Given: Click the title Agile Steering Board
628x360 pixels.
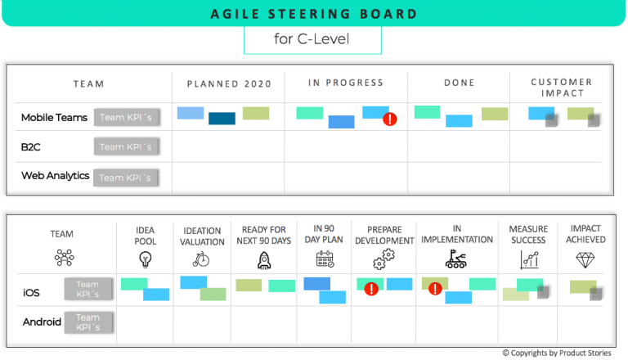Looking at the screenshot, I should (313, 15).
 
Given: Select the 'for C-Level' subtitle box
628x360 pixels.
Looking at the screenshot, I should (312, 39).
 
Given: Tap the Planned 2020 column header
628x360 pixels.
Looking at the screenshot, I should (228, 83).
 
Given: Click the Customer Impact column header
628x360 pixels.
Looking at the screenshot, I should (561, 88).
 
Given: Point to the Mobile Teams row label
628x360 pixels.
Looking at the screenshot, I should (54, 118).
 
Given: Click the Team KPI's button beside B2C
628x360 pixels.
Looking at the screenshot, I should (126, 147).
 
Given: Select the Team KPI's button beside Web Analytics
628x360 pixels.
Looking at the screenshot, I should (126, 178).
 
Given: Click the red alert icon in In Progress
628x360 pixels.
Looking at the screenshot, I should (390, 119).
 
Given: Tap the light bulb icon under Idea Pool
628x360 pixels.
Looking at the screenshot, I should (146, 260).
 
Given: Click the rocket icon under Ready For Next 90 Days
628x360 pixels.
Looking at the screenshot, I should (264, 260).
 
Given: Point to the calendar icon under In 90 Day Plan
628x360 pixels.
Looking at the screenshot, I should (325, 260).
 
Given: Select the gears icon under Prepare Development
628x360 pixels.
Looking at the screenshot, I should (384, 260).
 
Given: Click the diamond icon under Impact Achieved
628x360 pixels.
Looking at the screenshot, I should (585, 259).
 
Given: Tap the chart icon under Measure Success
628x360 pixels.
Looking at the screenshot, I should (528, 260).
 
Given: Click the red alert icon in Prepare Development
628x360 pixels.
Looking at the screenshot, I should (370, 288).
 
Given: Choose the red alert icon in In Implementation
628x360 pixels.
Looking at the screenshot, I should (435, 288).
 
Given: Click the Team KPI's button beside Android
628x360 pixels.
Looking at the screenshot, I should (87, 322).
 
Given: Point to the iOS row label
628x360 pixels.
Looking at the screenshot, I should (32, 291).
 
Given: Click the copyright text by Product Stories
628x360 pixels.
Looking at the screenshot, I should (561, 353).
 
